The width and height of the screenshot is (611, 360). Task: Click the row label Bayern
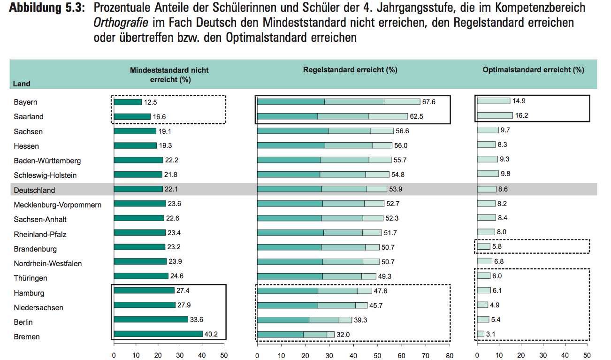click(25, 102)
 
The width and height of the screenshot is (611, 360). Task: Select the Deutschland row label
click(34, 190)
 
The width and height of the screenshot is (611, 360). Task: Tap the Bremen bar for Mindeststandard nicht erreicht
click(158, 334)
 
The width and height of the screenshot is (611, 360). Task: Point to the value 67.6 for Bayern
click(429, 102)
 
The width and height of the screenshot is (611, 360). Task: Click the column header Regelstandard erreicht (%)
click(350, 70)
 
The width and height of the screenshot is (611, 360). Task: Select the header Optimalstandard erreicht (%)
click(533, 70)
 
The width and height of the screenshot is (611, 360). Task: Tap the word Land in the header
click(22, 84)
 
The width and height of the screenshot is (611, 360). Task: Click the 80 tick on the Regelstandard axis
click(450, 355)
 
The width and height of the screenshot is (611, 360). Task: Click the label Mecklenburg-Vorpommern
click(57, 205)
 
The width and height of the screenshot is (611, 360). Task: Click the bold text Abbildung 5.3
click(46, 8)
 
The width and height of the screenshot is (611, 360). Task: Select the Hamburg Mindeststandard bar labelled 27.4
click(144, 291)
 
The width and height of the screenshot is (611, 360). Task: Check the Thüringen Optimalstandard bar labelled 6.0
click(483, 276)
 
